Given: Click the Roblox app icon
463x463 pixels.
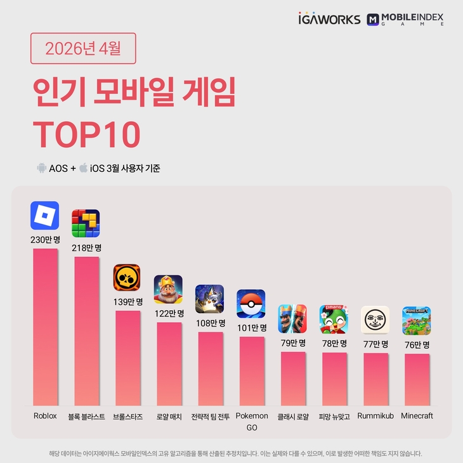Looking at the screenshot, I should pyautogui.click(x=44, y=216).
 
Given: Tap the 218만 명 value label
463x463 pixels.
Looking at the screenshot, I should pyautogui.click(x=86, y=247).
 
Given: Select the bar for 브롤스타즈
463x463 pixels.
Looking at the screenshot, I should pyautogui.click(x=127, y=358).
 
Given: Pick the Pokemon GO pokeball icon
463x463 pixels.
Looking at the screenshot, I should pyautogui.click(x=251, y=304).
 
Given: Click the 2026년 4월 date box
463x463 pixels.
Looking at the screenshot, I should pyautogui.click(x=83, y=48).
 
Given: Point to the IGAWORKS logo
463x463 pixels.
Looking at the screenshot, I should pyautogui.click(x=329, y=19).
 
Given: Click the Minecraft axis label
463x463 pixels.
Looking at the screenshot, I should pyautogui.click(x=417, y=416).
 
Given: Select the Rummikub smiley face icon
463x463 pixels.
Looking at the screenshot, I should pyautogui.click(x=375, y=320).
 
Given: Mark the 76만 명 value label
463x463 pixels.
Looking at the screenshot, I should pyautogui.click(x=417, y=344).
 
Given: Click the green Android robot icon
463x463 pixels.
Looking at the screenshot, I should pyautogui.click(x=41, y=168).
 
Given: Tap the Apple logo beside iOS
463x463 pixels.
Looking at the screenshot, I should pyautogui.click(x=83, y=168).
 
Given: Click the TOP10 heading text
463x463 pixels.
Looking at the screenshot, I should pyautogui.click(x=86, y=133).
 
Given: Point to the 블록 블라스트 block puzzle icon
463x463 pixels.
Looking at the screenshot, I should pyautogui.click(x=86, y=223).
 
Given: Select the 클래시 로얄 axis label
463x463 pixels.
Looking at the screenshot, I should pyautogui.click(x=292, y=417).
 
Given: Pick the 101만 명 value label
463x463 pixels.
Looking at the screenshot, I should pyautogui.click(x=251, y=328).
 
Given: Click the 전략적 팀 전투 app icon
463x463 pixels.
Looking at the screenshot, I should pyautogui.click(x=209, y=299).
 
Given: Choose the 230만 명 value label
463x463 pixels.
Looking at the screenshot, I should pyautogui.click(x=44, y=239).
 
